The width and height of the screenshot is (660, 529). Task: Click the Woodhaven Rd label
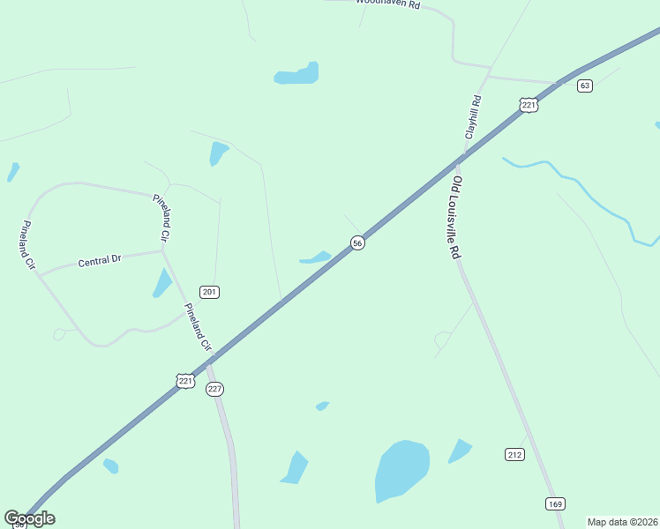388,4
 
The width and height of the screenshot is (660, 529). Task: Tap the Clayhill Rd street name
474,116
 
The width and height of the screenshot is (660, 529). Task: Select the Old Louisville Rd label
456,217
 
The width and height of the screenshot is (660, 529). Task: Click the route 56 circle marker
357,243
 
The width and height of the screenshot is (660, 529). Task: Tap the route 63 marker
585,86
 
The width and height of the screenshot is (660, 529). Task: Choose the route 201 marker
209,292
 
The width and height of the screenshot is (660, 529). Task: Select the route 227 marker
214,389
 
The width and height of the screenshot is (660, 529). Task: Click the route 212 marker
515,454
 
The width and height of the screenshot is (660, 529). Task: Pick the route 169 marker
554,504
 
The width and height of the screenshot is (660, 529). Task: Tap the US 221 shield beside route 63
529,105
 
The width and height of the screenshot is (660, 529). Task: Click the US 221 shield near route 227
185,381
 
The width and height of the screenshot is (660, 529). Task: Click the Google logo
30,518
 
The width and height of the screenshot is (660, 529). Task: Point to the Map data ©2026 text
622,522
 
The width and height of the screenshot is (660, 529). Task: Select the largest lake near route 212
401,470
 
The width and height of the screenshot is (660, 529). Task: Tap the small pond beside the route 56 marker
316,258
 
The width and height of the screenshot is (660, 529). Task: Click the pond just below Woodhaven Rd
297,75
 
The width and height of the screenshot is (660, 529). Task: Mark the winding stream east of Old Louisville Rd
582,189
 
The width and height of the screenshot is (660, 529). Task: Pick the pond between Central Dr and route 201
162,283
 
